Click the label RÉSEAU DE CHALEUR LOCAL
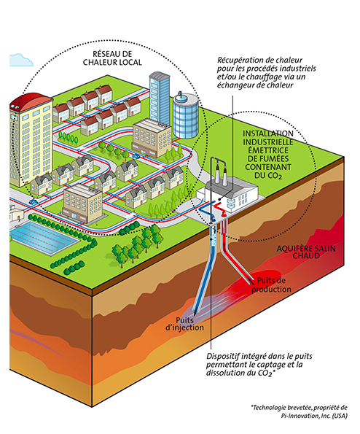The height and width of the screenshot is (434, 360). [x=112, y=58]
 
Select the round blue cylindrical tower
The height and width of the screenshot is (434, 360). [x=186, y=116]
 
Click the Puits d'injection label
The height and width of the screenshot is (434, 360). [x=184, y=324]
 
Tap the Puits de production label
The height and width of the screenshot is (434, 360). [x=271, y=285]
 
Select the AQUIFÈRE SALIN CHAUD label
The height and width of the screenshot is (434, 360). [x=306, y=252]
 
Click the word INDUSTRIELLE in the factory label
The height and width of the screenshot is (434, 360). [x=268, y=142]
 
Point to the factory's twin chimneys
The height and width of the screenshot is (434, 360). [x=222, y=174]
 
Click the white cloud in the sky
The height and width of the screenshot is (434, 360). [x=20, y=60]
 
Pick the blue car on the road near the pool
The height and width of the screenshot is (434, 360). [x=33, y=202]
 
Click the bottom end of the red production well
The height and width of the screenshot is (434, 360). [x=252, y=283]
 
